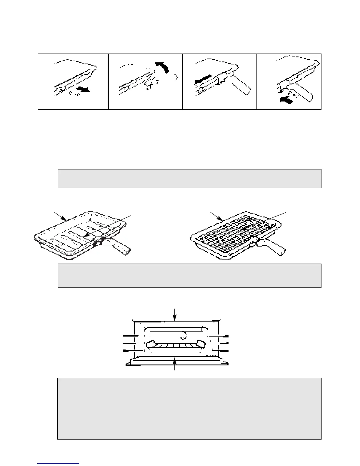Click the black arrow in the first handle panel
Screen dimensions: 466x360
(83, 89)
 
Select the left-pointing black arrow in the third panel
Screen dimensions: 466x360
(203, 79)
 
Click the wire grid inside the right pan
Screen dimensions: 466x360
(232, 235)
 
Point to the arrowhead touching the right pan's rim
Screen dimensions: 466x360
(221, 219)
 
